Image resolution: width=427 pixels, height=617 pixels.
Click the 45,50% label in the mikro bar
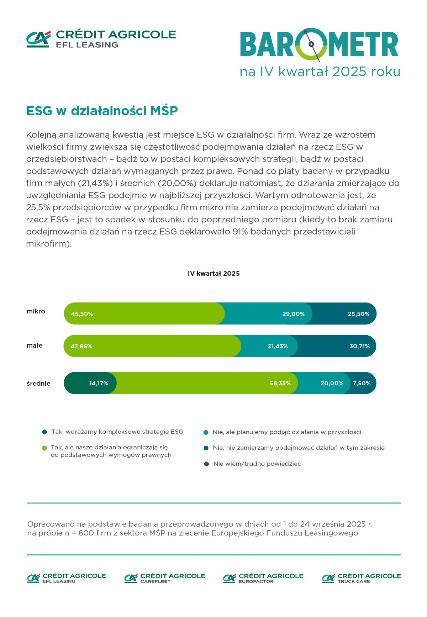click(x=82, y=314)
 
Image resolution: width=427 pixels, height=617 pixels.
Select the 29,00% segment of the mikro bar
click(x=293, y=314)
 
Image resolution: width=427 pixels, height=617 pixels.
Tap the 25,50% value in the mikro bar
click(x=358, y=314)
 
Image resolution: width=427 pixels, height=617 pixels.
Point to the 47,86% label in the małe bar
click(x=81, y=346)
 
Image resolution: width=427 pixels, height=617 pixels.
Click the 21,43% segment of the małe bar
click(x=278, y=346)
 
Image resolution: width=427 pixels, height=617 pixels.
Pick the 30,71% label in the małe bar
click(x=359, y=346)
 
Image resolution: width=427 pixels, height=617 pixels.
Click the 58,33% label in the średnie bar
click(x=280, y=383)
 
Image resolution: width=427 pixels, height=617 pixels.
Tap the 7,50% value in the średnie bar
click(x=362, y=383)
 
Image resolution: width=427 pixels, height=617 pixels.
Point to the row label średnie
click(x=38, y=384)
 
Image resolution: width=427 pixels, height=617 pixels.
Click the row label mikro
click(x=36, y=311)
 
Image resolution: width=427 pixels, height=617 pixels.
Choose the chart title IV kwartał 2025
click(x=213, y=274)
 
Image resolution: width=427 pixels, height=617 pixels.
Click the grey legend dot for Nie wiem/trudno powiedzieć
click(x=206, y=464)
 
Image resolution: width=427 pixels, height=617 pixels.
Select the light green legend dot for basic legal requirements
click(x=44, y=448)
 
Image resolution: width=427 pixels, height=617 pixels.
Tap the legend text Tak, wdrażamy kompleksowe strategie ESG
click(x=117, y=432)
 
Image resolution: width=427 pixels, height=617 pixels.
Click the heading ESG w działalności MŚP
click(x=102, y=111)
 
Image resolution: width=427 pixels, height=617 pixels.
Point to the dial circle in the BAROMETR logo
click(x=311, y=44)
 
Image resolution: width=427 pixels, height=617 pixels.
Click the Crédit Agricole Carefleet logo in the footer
click(x=165, y=578)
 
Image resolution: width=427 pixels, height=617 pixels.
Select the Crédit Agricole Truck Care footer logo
click(x=361, y=578)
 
